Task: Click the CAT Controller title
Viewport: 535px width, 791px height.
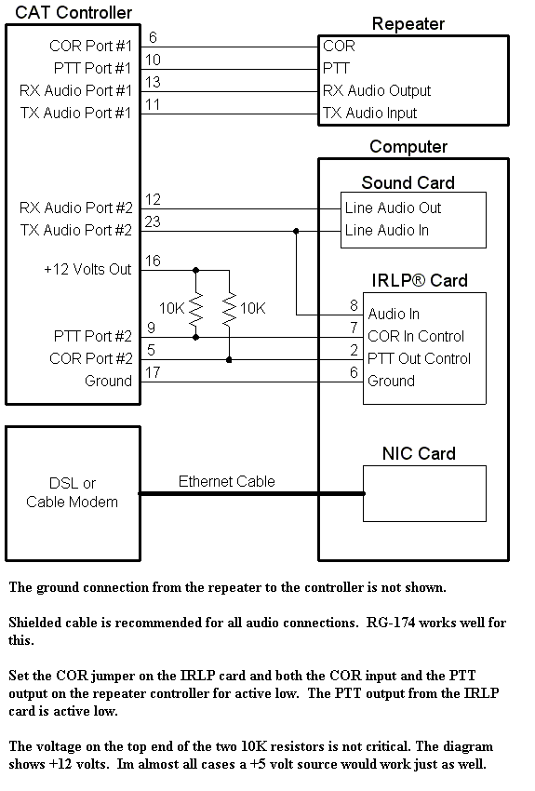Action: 74,13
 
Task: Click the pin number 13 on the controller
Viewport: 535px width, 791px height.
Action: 153,82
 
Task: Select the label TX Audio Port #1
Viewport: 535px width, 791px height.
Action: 75,113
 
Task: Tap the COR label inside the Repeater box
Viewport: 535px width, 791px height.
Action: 339,46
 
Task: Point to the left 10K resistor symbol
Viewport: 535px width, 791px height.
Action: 195,308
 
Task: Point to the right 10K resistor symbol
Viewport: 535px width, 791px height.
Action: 230,308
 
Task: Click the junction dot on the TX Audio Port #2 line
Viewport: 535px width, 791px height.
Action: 296,231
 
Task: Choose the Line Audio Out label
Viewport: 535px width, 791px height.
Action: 393,208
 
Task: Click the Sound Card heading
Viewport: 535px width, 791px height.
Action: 408,182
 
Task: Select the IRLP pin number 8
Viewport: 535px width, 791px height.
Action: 354,305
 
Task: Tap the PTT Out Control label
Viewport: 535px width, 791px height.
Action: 419,358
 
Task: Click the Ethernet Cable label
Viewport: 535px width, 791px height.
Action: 226,481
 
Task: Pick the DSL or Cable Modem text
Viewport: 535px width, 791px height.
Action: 72,492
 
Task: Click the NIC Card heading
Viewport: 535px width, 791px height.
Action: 419,453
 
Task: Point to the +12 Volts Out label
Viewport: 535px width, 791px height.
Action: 87,269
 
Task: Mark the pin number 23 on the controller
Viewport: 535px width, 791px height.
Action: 153,221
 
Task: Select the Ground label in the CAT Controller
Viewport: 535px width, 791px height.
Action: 109,381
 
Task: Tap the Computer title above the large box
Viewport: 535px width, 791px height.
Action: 408,146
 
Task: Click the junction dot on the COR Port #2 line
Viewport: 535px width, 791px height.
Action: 229,360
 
